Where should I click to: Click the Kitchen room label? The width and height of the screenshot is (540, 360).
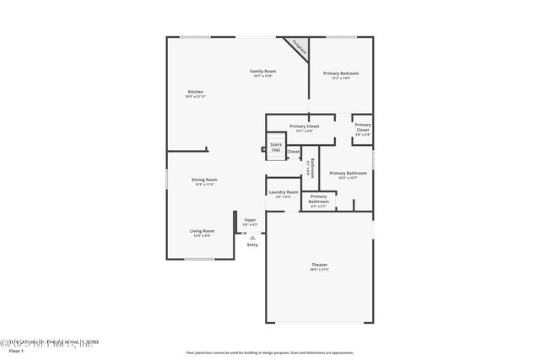click(x=195, y=91)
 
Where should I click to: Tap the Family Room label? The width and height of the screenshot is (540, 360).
click(x=262, y=71)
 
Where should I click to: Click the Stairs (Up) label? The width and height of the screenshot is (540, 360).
click(x=275, y=147)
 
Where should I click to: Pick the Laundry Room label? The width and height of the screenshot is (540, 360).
click(x=283, y=192)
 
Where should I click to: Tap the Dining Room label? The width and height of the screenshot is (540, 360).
click(x=204, y=179)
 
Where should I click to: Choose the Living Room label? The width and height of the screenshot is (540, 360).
click(x=202, y=230)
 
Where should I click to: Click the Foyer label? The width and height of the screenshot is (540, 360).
click(x=250, y=221)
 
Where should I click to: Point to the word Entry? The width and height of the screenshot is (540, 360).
click(x=252, y=244)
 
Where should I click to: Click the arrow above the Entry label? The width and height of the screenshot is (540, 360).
click(x=251, y=238)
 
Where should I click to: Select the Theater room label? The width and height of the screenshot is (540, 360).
click(x=318, y=266)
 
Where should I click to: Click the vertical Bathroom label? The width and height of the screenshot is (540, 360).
click(x=312, y=169)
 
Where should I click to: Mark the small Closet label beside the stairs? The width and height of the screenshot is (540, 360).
click(x=293, y=152)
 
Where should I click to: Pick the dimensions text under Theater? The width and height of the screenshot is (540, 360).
click(x=318, y=271)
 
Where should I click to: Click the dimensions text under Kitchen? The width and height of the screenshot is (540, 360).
click(x=195, y=96)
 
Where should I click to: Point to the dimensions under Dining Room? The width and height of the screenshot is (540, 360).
click(x=204, y=184)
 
